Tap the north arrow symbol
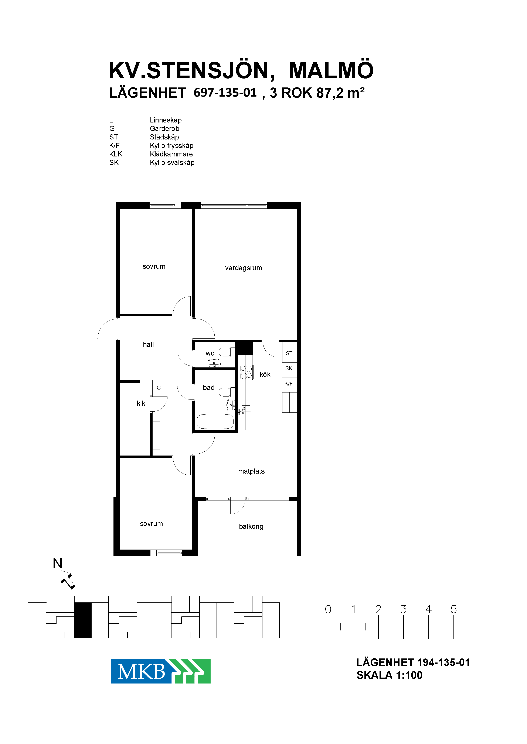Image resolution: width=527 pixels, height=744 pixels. [68, 580]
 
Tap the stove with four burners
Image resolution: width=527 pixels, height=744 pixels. [246, 372]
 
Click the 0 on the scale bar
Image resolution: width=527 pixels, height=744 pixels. [328, 609]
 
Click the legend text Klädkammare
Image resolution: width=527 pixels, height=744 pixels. [171, 154]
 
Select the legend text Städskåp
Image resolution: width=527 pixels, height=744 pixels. [164, 137]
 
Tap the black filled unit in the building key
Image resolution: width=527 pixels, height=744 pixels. [83, 620]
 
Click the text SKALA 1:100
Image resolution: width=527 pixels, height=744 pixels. [390, 675]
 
